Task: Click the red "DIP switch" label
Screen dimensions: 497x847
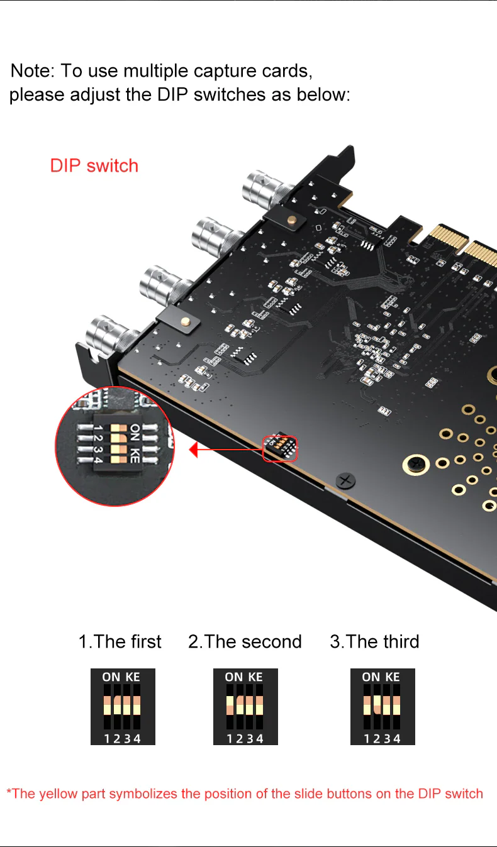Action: click(94, 166)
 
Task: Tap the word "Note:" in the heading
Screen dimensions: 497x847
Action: click(33, 70)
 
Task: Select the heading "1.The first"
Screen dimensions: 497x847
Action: click(120, 641)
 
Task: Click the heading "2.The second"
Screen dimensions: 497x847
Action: click(245, 641)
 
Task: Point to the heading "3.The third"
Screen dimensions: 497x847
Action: click(374, 641)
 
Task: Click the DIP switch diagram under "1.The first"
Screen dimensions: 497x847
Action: click(123, 707)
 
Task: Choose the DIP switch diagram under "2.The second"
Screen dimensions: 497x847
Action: click(245, 707)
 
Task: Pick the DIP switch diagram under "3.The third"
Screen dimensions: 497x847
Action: click(383, 707)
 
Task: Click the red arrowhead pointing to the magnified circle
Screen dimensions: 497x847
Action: click(193, 450)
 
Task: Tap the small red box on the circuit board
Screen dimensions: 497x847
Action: click(280, 449)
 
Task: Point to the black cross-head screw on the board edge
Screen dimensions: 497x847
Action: click(345, 481)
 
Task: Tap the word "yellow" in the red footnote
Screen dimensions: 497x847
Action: click(59, 794)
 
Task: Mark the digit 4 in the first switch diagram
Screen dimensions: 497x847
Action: click(137, 738)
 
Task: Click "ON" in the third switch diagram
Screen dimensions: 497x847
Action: click(371, 677)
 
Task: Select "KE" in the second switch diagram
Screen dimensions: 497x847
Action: click(255, 677)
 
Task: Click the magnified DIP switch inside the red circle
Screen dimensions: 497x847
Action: click(118, 443)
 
